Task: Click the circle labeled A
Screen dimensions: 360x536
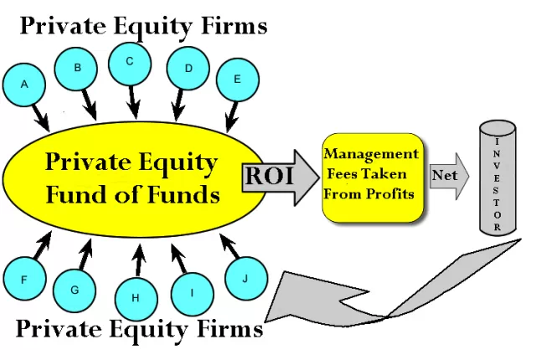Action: click(x=24, y=84)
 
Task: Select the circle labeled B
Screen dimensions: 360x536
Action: click(x=77, y=68)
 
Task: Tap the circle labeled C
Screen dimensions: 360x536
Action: click(x=130, y=60)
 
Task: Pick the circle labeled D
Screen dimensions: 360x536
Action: click(x=188, y=67)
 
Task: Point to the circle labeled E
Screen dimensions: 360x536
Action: click(x=237, y=80)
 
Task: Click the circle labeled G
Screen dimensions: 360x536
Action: click(x=75, y=290)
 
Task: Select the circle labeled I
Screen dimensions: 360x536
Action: click(x=192, y=293)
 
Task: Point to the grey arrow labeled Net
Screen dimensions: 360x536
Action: click(x=448, y=177)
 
